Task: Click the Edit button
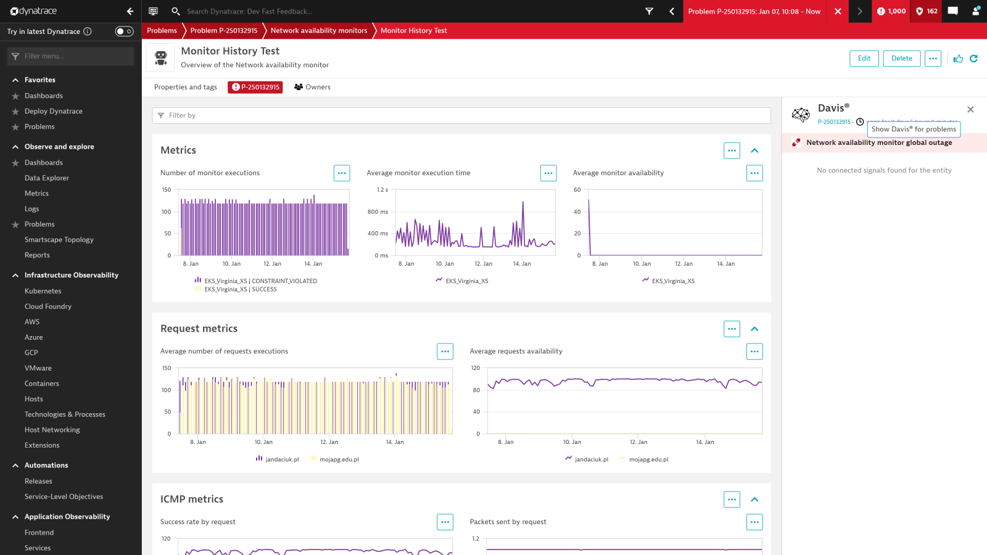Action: (x=864, y=59)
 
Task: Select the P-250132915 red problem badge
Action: (x=255, y=87)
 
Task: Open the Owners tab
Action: (x=313, y=87)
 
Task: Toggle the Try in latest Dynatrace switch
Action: (x=124, y=31)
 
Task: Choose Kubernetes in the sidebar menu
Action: (x=43, y=291)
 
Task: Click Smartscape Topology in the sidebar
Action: (x=59, y=240)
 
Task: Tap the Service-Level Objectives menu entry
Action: (x=64, y=496)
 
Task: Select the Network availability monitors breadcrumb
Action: (x=319, y=30)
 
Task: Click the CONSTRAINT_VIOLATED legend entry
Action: (x=260, y=281)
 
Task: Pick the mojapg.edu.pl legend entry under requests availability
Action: (x=648, y=459)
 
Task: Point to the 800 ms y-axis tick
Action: (x=378, y=212)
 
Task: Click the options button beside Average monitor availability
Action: (x=754, y=173)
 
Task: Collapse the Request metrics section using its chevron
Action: (x=754, y=329)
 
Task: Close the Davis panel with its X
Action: (x=970, y=110)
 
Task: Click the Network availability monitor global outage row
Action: (x=879, y=142)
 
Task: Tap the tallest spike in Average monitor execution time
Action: (x=523, y=203)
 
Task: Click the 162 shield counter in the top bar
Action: (x=927, y=11)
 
